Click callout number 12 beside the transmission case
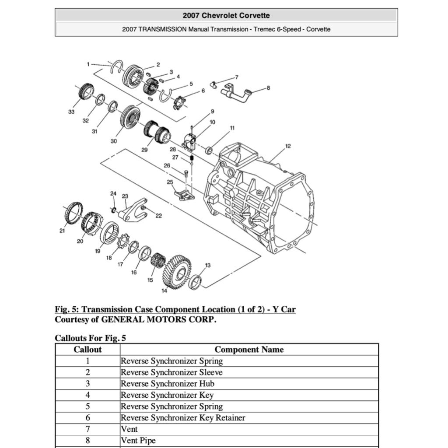[x=287, y=146]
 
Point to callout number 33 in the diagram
[x=71, y=112]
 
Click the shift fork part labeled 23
[x=133, y=210]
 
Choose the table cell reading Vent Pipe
[x=138, y=441]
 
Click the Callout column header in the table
[x=87, y=350]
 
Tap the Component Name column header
[x=249, y=350]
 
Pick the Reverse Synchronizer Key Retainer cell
[x=183, y=418]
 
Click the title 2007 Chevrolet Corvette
[x=226, y=16]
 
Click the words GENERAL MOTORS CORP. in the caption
[x=158, y=320]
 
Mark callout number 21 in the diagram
[x=62, y=231]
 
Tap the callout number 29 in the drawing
[x=144, y=150]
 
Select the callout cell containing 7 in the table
[x=87, y=429]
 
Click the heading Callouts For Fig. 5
[x=91, y=338]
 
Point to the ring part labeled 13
[x=196, y=282]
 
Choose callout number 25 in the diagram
[x=170, y=182]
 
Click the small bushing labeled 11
[x=209, y=151]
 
